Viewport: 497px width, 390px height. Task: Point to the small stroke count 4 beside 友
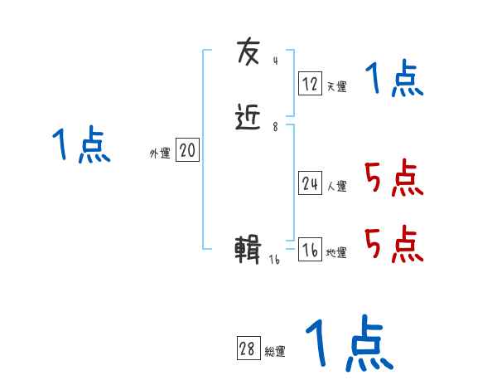(x=275, y=61)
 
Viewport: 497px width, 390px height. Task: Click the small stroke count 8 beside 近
(x=275, y=127)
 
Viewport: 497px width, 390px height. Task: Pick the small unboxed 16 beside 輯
(x=275, y=260)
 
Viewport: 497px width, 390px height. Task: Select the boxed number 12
(x=310, y=84)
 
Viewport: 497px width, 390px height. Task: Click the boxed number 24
(x=310, y=183)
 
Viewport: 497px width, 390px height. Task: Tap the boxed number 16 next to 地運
(x=310, y=250)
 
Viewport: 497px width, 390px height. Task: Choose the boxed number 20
(x=188, y=150)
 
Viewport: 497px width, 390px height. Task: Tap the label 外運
(x=159, y=154)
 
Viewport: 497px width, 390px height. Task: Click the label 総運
(x=275, y=352)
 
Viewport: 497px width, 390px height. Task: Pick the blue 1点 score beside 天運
(x=394, y=80)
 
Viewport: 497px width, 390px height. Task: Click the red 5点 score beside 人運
(x=394, y=178)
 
